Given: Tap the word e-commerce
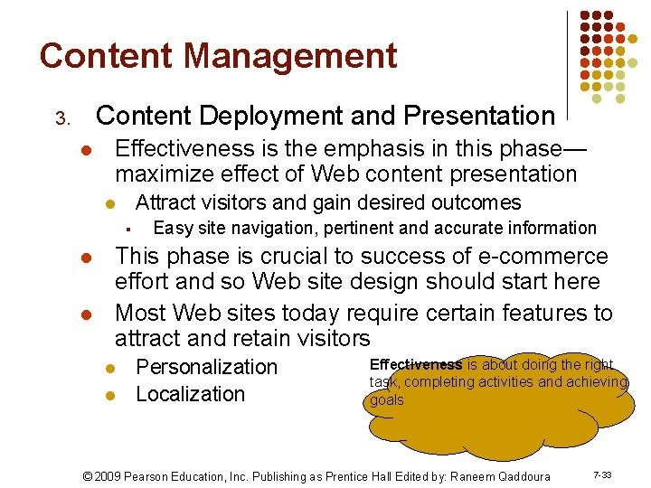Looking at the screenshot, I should click(542, 257).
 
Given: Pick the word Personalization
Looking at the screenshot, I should click(206, 367).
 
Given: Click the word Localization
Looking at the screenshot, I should click(190, 394).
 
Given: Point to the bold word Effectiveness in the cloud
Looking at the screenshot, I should click(416, 365).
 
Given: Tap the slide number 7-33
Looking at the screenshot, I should click(601, 474).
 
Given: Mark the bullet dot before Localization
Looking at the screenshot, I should click(108, 396).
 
